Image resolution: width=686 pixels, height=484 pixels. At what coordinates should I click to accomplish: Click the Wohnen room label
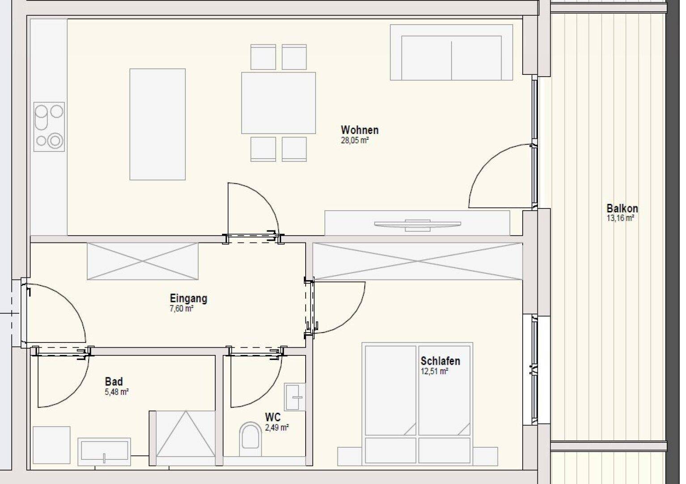click(359, 130)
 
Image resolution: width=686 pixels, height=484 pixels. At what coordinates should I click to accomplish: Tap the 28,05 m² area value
click(355, 140)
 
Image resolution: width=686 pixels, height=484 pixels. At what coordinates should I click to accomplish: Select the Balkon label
click(622, 208)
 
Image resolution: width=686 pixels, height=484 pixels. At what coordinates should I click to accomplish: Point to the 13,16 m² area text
click(620, 218)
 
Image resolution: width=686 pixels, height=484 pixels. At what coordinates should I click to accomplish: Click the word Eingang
click(188, 298)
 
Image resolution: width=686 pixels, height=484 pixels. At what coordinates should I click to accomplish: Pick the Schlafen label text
click(440, 361)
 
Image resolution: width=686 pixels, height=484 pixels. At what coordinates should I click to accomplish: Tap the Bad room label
click(114, 381)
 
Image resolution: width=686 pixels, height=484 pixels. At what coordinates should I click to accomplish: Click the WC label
click(273, 417)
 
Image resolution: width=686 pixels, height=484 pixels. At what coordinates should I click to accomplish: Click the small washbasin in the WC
click(294, 397)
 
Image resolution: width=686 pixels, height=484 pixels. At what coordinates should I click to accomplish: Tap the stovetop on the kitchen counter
click(49, 127)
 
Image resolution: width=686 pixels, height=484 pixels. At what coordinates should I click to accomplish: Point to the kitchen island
click(158, 124)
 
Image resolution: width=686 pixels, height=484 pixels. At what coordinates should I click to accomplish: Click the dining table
click(278, 103)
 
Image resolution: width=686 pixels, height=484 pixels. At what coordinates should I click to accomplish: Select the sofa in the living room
click(452, 52)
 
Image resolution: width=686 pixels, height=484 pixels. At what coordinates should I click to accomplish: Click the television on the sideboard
click(418, 225)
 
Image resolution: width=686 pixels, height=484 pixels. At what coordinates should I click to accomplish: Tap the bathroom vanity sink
click(104, 451)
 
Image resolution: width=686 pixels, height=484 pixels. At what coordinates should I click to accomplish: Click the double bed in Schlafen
click(418, 404)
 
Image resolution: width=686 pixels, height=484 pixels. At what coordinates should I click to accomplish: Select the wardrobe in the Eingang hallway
click(143, 261)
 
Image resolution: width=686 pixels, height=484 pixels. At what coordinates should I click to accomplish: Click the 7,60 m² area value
click(181, 309)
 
